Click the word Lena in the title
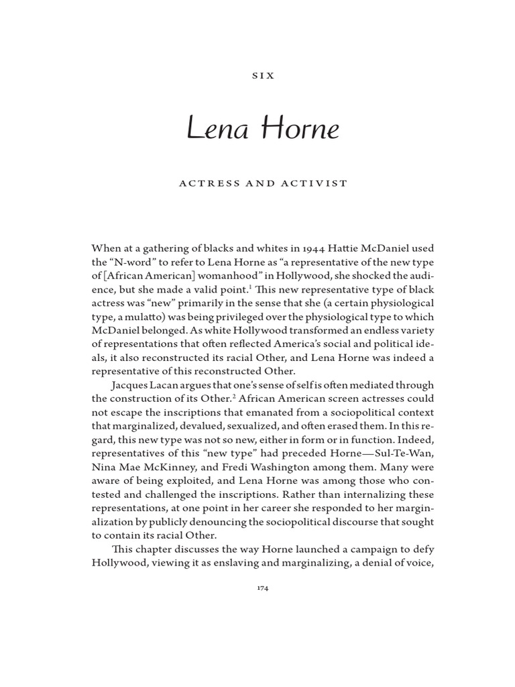pos(217,129)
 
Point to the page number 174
pos(263,588)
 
